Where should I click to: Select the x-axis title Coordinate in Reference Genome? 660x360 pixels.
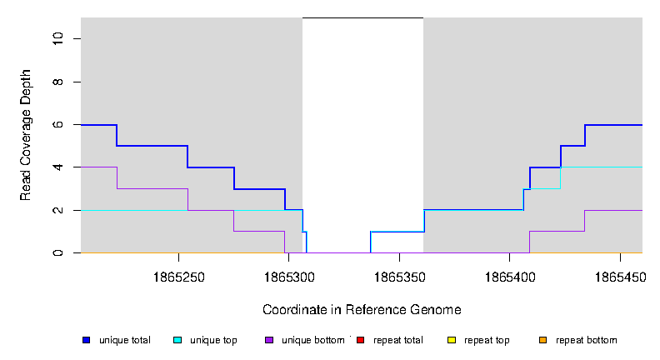coord(362,310)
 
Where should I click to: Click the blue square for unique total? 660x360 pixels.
coord(86,340)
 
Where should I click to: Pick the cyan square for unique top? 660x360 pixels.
coord(177,340)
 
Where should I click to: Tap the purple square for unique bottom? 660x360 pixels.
coord(268,340)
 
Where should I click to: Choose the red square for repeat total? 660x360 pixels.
coord(360,340)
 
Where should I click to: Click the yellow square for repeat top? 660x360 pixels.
coord(451,340)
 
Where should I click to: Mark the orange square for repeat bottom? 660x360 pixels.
coord(542,340)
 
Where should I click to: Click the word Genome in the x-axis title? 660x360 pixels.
coord(437,310)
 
